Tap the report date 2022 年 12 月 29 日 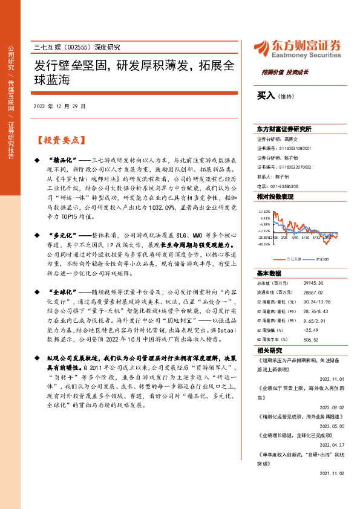pyautogui.click(x=60, y=106)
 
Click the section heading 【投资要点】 pyautogui.click(x=59, y=140)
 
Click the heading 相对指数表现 pyautogui.click(x=275, y=197)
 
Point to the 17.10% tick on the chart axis pyautogui.click(x=264, y=212)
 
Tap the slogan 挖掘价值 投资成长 pyautogui.click(x=285, y=72)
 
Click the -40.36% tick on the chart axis pyautogui.click(x=264, y=245)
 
